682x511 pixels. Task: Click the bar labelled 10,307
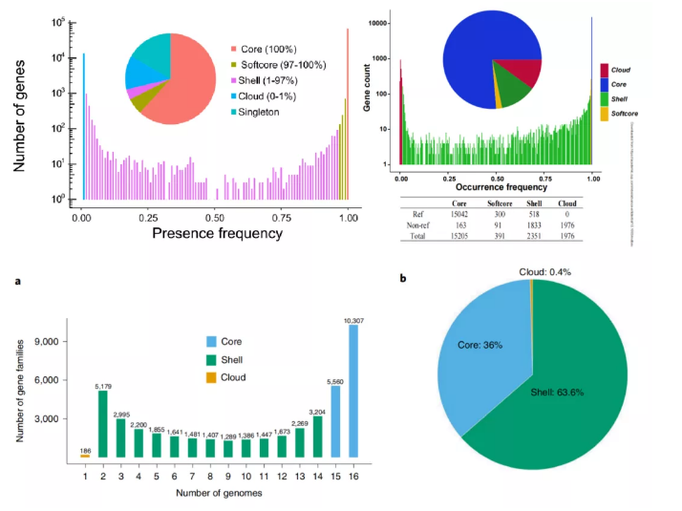[x=353, y=391]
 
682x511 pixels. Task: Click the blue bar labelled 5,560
[x=336, y=421]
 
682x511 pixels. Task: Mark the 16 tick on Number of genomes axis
[x=353, y=474]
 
